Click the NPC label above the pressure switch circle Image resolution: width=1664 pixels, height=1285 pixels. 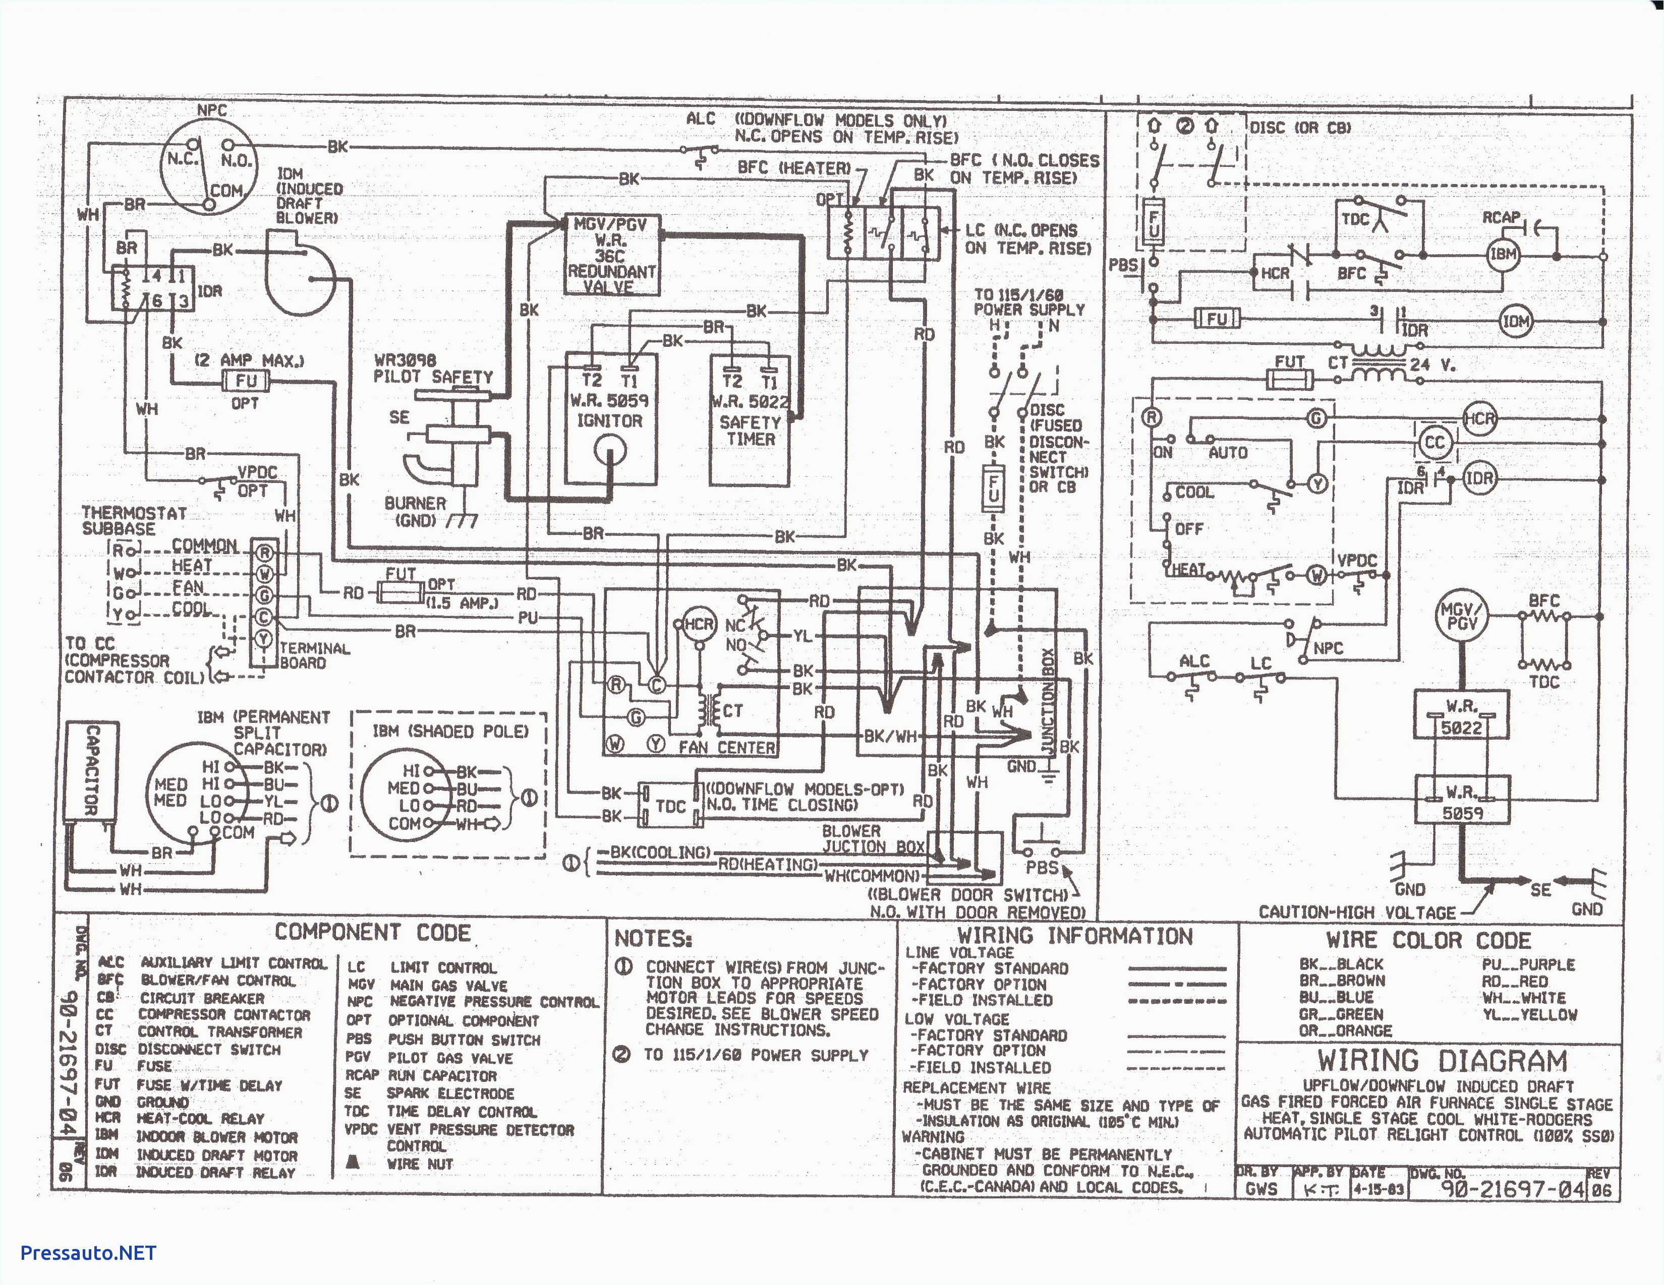212,110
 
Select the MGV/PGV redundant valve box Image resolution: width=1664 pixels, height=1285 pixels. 611,255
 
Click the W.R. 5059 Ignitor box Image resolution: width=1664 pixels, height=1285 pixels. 609,419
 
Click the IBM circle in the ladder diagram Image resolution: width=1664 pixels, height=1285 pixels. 1503,255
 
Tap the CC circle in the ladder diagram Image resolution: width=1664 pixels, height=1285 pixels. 1435,443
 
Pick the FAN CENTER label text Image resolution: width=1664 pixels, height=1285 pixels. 726,748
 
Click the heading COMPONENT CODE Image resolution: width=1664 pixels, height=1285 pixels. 373,932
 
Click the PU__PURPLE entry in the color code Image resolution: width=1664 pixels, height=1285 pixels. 1528,964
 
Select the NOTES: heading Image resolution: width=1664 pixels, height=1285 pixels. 653,939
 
